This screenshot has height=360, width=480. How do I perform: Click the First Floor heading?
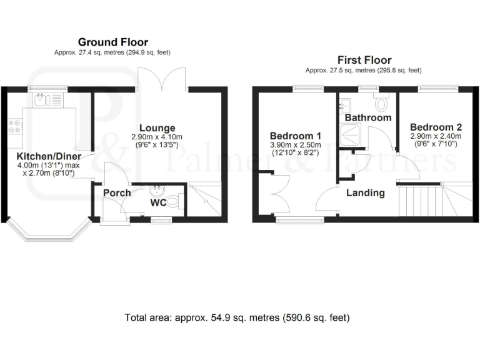click(x=365, y=60)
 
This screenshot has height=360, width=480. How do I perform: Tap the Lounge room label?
click(x=157, y=128)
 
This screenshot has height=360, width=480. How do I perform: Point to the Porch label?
click(x=117, y=193)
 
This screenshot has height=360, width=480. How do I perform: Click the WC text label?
click(x=157, y=202)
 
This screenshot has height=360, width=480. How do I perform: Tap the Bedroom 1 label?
click(x=296, y=136)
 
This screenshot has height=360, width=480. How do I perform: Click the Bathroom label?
click(x=368, y=117)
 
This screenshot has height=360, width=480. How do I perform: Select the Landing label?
click(x=366, y=193)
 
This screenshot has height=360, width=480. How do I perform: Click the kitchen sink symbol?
click(x=42, y=98)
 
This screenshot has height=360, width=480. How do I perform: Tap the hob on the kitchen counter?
click(x=12, y=127)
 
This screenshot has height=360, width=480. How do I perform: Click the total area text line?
click(x=237, y=317)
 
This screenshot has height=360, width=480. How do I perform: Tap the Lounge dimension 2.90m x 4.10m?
click(x=157, y=137)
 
